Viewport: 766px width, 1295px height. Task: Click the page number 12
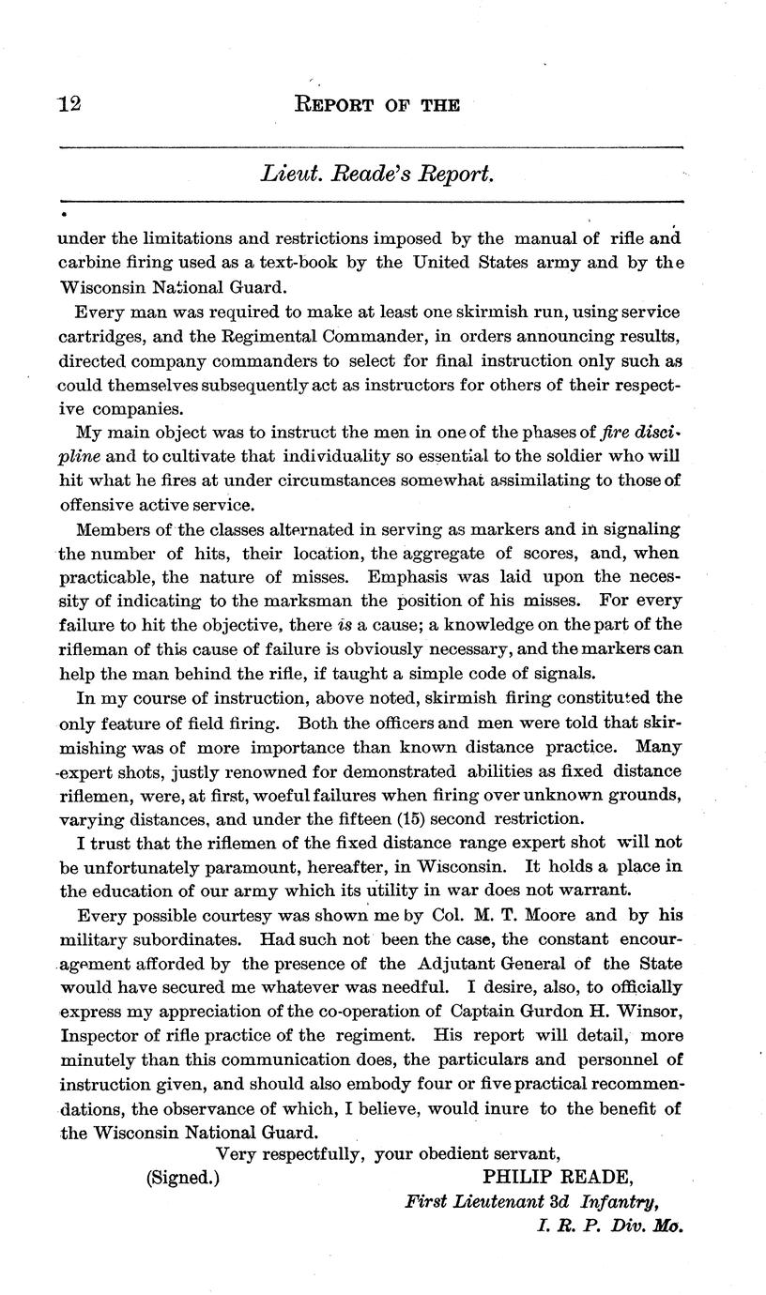[70, 104]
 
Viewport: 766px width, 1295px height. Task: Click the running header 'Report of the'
[377, 105]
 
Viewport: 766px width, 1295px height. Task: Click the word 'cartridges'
[103, 336]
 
